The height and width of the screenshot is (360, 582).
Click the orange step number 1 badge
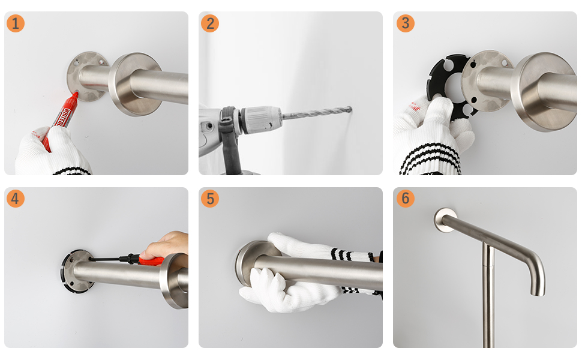[x=16, y=23]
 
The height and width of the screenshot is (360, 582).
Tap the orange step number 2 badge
[x=210, y=23]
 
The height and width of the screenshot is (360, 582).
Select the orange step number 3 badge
[x=406, y=23]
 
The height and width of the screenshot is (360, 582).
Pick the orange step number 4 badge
[x=16, y=199]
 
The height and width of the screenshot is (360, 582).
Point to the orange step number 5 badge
[x=210, y=199]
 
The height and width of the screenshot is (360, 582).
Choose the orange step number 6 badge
[x=406, y=199]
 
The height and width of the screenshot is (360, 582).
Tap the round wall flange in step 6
[x=445, y=220]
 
